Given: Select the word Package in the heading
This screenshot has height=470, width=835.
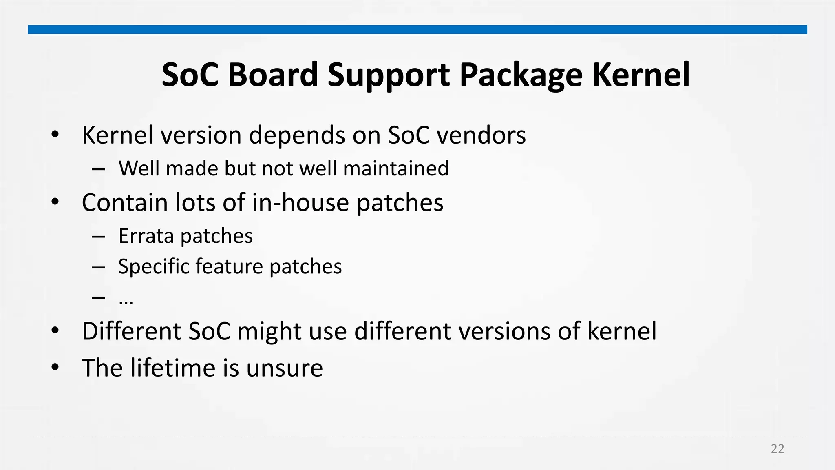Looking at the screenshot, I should (521, 75).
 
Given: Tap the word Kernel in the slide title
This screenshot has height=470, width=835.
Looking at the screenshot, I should (641, 75).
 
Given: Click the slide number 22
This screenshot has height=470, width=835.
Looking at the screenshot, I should (778, 449).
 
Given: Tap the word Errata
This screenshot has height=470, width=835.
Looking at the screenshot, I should (146, 236).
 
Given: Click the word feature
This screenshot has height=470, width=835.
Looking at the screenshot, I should (229, 266).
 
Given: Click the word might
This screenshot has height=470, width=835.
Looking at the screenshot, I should (269, 331).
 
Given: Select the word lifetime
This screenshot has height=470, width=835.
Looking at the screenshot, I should (172, 368).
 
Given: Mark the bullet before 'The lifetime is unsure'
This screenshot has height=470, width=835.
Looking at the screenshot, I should (55, 367).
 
